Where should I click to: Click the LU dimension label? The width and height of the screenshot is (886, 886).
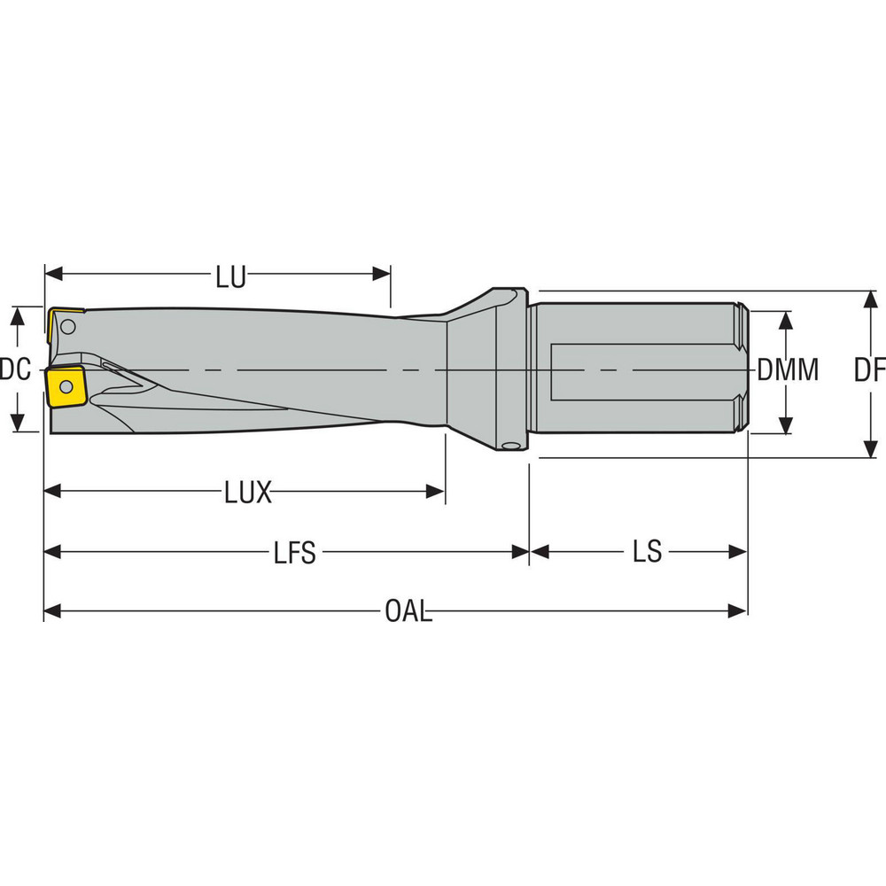pos(230,277)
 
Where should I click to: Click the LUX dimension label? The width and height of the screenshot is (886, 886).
pos(247,493)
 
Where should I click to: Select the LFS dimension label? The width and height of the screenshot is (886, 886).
pos(294,553)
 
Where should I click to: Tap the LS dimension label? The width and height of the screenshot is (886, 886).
pos(647,552)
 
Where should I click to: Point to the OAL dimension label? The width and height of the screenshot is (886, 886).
pos(408,611)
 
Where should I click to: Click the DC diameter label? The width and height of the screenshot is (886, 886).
pos(15,369)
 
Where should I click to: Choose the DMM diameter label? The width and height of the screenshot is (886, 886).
pos(788,370)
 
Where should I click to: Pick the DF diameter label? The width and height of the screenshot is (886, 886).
pos(869,370)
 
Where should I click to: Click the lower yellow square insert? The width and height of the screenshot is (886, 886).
pos(66,386)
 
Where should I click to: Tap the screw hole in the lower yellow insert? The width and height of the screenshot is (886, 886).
pos(65,386)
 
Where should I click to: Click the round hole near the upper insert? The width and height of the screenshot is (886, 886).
pos(70,328)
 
